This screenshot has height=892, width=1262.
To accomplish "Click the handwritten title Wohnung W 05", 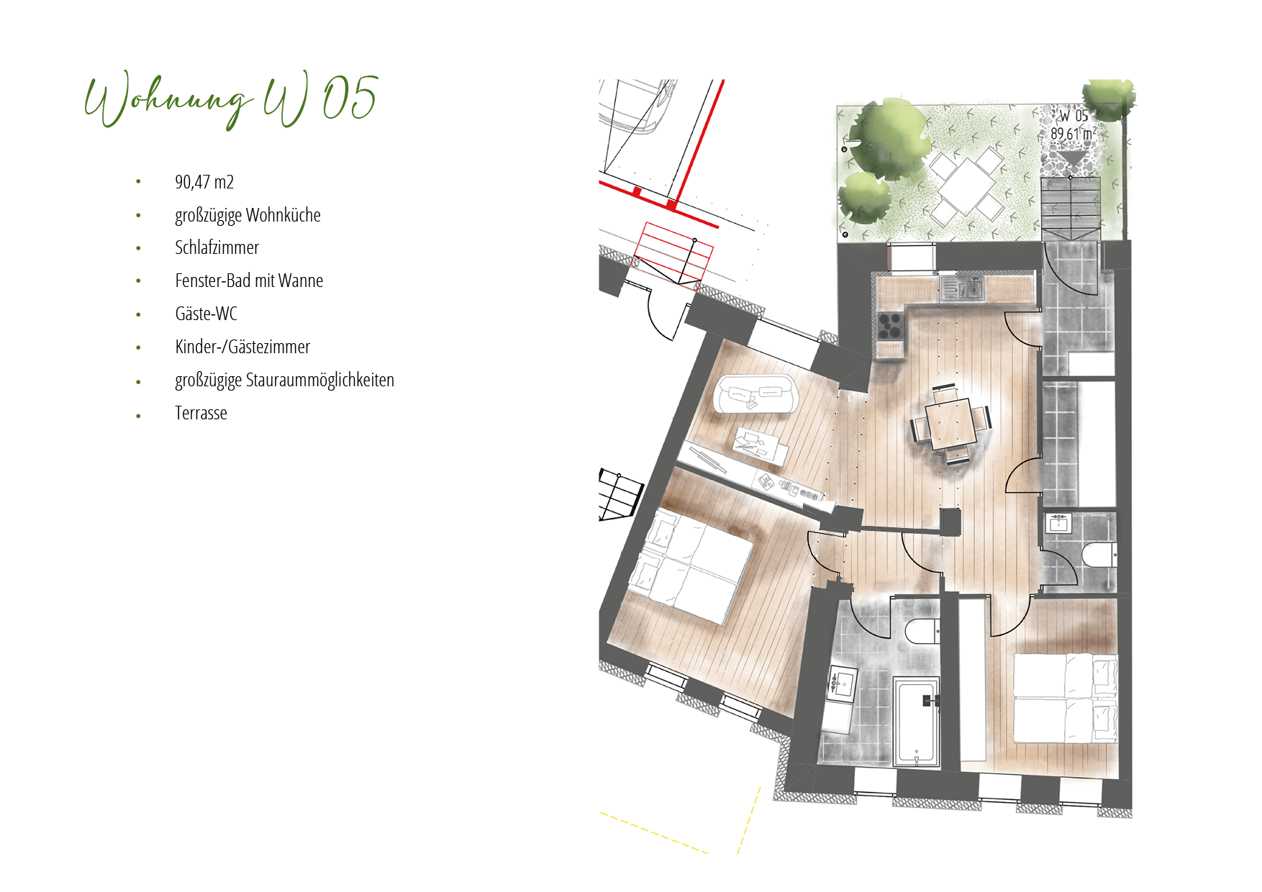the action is [231, 100].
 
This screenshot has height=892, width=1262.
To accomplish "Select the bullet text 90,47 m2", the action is [204, 182].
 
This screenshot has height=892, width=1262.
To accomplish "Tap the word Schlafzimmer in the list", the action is [217, 247].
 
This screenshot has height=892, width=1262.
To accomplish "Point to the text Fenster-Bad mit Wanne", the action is [249, 281].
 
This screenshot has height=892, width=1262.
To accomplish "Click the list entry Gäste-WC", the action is [206, 314].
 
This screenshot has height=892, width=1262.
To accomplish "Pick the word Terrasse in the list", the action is [201, 413].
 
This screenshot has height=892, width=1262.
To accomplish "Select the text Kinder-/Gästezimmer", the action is [242, 347].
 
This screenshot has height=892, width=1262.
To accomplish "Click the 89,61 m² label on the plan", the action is [1073, 134].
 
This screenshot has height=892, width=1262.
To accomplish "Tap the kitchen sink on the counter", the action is [963, 288].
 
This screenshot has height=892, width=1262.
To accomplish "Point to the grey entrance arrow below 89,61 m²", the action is [1071, 157].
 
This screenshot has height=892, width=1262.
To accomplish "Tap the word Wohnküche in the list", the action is [283, 215].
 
